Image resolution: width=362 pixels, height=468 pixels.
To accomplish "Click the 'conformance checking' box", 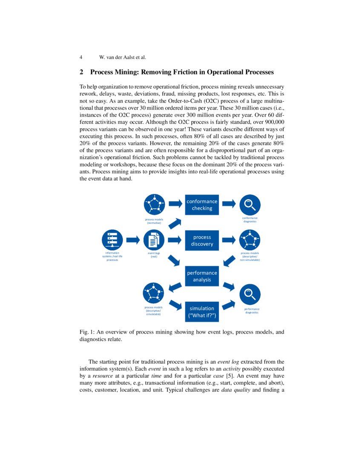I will (202, 205).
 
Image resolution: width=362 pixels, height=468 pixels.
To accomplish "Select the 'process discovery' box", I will (202, 240).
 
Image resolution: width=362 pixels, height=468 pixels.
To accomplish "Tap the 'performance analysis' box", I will (202, 276).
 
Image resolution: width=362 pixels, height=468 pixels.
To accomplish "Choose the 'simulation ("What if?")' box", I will (202, 312).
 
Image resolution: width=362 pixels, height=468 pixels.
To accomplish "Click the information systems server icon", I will (112, 240).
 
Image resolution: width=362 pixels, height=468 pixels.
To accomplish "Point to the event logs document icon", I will (154, 240).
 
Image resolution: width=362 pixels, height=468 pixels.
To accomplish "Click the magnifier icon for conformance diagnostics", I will (250, 205).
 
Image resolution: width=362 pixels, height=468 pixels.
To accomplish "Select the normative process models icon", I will (154, 205).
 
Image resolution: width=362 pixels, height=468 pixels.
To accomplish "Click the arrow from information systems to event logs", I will (133, 240).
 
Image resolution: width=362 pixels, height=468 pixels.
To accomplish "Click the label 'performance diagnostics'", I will (252, 311).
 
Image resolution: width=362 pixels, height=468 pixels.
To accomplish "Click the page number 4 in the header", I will (81, 57).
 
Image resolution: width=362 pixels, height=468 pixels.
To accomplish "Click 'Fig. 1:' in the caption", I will (87, 332).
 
